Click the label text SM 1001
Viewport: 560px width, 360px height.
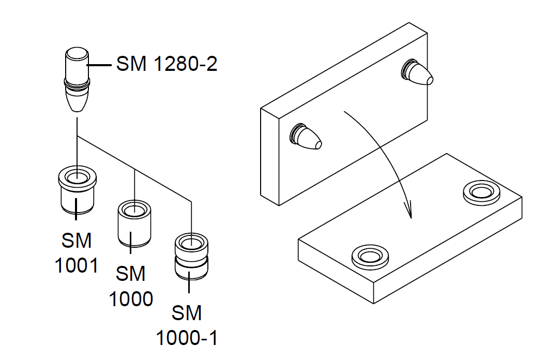pos(77,253)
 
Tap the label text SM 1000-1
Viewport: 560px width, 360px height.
pos(187,325)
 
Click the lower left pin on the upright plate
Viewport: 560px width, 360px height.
pos(306,137)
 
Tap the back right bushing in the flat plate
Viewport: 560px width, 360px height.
pos(481,192)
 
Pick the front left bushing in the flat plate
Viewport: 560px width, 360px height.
pos(370,256)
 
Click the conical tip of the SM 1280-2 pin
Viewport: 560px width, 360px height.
pos(77,101)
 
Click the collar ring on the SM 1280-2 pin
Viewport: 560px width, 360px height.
pos(77,83)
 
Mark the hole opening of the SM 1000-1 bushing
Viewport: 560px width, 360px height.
pos(191,242)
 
